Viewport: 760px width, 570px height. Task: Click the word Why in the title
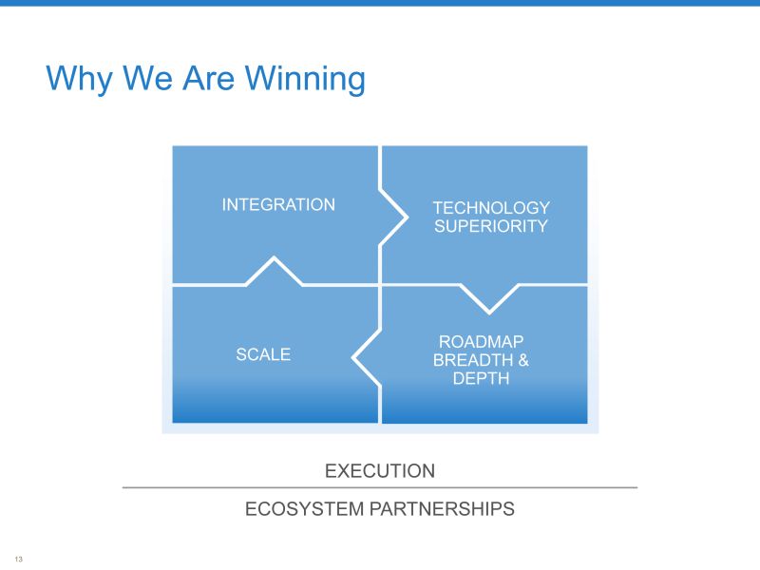pyautogui.click(x=80, y=79)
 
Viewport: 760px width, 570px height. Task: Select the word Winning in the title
pyautogui.click(x=305, y=79)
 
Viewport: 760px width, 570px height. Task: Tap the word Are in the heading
pyautogui.click(x=208, y=79)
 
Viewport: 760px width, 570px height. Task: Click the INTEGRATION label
pyautogui.click(x=278, y=204)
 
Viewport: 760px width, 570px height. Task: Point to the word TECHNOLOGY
pyautogui.click(x=491, y=208)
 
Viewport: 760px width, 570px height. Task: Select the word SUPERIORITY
pyautogui.click(x=490, y=226)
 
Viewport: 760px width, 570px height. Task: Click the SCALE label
pyautogui.click(x=263, y=354)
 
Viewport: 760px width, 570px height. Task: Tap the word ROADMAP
pyautogui.click(x=481, y=342)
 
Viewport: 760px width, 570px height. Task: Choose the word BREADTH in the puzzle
pyautogui.click(x=472, y=360)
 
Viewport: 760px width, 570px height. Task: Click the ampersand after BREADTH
pyautogui.click(x=523, y=360)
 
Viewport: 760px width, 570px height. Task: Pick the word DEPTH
pyautogui.click(x=481, y=378)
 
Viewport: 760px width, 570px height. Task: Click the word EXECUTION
pyautogui.click(x=379, y=470)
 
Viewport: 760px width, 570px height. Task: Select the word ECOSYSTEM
pyautogui.click(x=304, y=509)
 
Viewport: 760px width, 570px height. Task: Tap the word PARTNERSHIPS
pyautogui.click(x=442, y=509)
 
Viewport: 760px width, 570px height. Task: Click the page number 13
pyautogui.click(x=19, y=559)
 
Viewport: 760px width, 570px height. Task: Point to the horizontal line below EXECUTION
pyautogui.click(x=379, y=487)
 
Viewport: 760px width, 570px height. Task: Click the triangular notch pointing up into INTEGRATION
pyautogui.click(x=275, y=271)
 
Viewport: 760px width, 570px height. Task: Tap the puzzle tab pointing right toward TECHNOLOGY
pyautogui.click(x=393, y=218)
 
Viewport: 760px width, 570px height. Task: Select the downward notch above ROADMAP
pyautogui.click(x=489, y=299)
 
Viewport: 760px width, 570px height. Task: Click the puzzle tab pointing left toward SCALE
pyautogui.click(x=367, y=358)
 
